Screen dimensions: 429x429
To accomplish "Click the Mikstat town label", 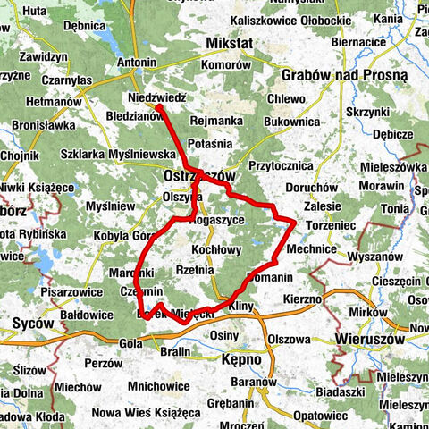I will pos(229,43).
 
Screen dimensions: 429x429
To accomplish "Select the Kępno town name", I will pos(240,359).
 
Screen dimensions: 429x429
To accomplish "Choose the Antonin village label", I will pos(137,63).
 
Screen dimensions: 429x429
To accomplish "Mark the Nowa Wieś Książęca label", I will pos(146,413).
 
